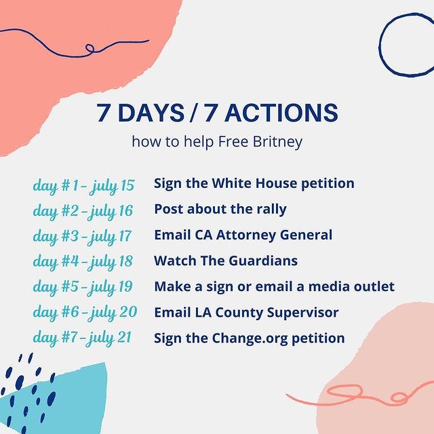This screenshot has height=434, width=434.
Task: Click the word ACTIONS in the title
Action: (x=281, y=113)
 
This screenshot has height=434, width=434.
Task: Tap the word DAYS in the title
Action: (x=151, y=113)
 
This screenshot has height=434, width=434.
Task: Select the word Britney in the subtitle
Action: (x=277, y=142)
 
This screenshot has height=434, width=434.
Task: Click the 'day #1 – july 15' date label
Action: (x=83, y=186)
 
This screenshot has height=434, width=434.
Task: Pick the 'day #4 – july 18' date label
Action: (x=83, y=262)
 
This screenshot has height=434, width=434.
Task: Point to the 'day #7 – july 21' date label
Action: (x=82, y=338)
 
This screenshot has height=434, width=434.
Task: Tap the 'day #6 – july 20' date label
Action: (x=85, y=313)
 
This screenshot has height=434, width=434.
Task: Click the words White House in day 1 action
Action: (x=254, y=183)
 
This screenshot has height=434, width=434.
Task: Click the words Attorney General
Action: (x=274, y=235)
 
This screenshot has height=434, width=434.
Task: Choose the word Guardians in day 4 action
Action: (x=263, y=260)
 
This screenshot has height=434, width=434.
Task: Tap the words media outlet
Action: (x=351, y=286)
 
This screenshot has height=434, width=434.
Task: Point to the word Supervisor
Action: (x=302, y=313)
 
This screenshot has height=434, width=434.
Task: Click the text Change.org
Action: (x=250, y=338)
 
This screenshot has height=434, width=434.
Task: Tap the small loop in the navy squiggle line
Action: (x=90, y=48)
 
